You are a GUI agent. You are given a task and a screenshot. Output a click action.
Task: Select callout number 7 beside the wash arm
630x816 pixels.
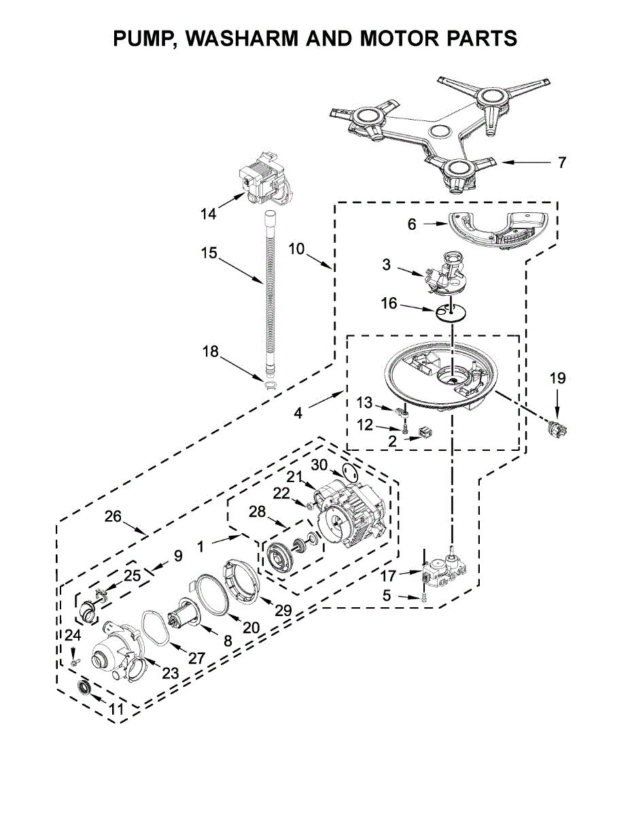[x=561, y=163]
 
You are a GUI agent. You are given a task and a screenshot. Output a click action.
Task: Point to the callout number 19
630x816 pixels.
[x=557, y=378]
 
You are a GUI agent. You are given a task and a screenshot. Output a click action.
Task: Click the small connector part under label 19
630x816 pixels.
[x=557, y=428]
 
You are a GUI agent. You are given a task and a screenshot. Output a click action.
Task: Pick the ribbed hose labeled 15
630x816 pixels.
[x=270, y=294]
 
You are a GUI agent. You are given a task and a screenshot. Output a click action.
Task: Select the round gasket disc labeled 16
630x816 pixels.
[x=451, y=311]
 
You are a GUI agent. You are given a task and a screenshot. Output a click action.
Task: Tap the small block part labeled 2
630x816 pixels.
[x=425, y=432]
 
